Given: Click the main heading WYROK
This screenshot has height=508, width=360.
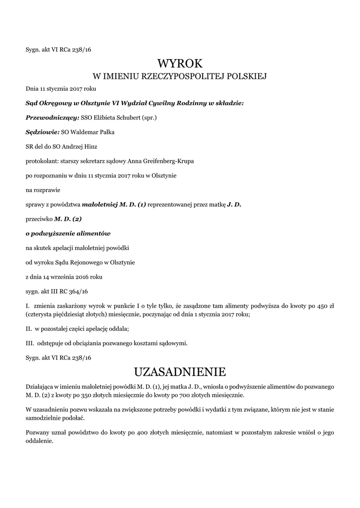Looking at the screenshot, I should coord(180,63).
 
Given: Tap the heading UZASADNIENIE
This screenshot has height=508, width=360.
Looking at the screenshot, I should coord(180,371).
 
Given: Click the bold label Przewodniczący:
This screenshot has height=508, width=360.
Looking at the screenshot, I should coord(52,118).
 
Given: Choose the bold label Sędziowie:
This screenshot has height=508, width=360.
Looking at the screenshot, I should coord(42,132).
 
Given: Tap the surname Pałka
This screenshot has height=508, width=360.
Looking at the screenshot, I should coord(109,132).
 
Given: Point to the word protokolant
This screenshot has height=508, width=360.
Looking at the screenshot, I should coord(41,161).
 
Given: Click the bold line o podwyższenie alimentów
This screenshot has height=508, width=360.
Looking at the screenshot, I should coord(68,233).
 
